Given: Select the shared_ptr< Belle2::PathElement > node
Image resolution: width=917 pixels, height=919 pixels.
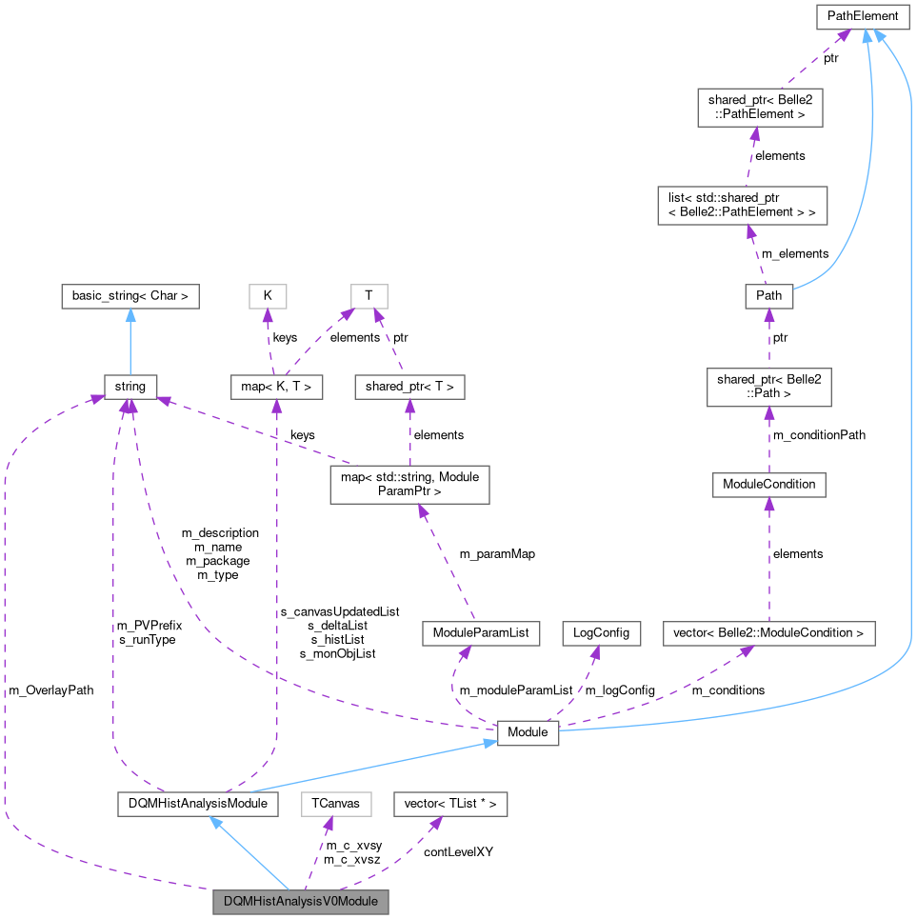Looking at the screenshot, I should tap(758, 107).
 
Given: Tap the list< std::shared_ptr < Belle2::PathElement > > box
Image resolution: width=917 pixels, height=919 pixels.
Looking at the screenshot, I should tap(742, 205).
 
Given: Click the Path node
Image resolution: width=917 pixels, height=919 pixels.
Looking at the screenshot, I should tap(768, 295).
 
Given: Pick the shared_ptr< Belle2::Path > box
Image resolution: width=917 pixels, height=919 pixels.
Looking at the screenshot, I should tap(768, 387).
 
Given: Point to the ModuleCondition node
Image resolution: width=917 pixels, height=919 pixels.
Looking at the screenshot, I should tap(768, 484).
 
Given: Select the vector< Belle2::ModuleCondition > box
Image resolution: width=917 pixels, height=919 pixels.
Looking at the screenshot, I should tap(768, 632).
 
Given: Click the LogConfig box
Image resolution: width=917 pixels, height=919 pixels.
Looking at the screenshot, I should tap(601, 632).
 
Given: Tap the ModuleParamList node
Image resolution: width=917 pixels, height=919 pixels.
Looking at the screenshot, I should tap(481, 632).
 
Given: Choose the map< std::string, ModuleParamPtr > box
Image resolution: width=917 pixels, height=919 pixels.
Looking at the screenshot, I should tap(409, 484).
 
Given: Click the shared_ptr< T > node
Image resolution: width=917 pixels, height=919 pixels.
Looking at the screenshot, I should tap(409, 387).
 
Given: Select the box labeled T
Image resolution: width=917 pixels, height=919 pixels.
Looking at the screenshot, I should tap(369, 295).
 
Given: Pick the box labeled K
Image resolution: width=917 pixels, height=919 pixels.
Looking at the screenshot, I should tap(268, 295).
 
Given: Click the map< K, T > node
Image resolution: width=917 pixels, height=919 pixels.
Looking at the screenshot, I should tap(277, 387).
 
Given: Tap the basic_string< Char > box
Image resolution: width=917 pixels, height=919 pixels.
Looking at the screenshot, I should tap(130, 295).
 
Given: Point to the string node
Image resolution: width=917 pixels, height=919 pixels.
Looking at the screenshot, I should tap(130, 387).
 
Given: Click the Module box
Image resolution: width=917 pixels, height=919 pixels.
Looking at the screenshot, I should tap(528, 732).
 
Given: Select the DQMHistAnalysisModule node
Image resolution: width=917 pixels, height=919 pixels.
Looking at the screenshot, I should tap(197, 804).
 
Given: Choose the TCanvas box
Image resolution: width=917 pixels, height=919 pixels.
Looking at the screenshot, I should tap(335, 804).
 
